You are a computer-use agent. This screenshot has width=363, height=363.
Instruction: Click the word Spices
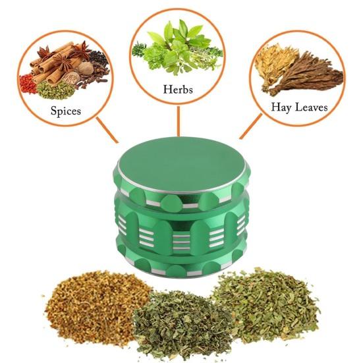point(66,111)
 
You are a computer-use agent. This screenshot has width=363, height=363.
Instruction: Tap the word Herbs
point(178,90)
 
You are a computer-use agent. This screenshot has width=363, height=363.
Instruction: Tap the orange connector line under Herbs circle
point(179,121)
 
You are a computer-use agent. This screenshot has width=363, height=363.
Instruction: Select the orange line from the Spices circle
point(107,130)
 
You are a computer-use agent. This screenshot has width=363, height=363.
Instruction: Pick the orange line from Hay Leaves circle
point(251,126)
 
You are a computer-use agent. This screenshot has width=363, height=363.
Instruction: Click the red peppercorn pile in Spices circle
point(27,84)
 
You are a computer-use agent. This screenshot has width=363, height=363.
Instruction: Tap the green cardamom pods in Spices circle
point(55,91)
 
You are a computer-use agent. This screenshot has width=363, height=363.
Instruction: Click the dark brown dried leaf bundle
point(308,74)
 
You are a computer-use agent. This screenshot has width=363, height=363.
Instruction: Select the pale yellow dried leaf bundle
point(273,63)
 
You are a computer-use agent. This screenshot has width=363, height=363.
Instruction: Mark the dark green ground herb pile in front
point(183,321)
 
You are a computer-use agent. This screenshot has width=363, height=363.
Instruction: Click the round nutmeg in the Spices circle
point(85,69)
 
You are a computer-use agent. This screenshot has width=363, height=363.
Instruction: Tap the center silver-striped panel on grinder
point(181,242)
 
